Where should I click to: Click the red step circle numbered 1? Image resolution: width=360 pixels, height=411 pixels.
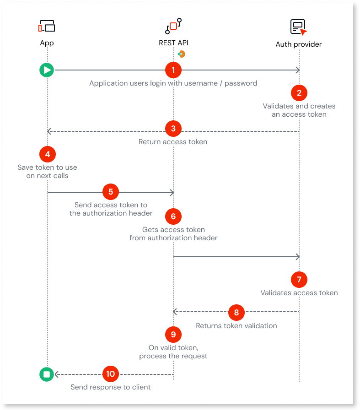[x=173, y=70]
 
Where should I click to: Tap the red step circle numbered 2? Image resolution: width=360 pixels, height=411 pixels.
[x=299, y=93]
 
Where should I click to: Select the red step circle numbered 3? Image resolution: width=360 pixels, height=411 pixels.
[x=173, y=129]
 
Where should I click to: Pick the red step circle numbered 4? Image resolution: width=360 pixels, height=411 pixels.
[x=47, y=154]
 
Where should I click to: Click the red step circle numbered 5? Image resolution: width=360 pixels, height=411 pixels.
[x=111, y=192]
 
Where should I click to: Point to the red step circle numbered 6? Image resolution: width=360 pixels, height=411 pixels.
[x=173, y=216]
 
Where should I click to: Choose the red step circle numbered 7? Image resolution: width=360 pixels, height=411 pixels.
[x=299, y=279]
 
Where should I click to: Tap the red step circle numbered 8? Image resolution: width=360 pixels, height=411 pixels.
[x=236, y=313]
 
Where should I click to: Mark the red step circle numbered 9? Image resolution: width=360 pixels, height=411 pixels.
[x=173, y=335]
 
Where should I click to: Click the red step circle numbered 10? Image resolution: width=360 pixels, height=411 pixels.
[x=110, y=374]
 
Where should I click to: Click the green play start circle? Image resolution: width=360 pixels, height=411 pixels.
[x=47, y=70]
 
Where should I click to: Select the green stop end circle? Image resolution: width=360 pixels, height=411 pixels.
[x=47, y=374]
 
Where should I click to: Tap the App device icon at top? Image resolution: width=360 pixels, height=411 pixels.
[x=47, y=27]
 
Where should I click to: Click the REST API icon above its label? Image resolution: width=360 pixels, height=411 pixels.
[x=173, y=26]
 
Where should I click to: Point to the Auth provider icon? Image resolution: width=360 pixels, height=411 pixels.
[x=298, y=27]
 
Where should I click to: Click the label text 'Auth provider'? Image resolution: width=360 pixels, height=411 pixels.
[x=299, y=44]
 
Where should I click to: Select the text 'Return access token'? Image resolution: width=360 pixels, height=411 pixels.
[x=173, y=142]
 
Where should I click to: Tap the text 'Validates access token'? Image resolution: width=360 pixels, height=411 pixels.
[x=299, y=293]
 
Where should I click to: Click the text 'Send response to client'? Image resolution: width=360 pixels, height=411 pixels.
[x=111, y=387]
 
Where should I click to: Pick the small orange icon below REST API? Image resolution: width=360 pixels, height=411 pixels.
[x=182, y=54]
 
